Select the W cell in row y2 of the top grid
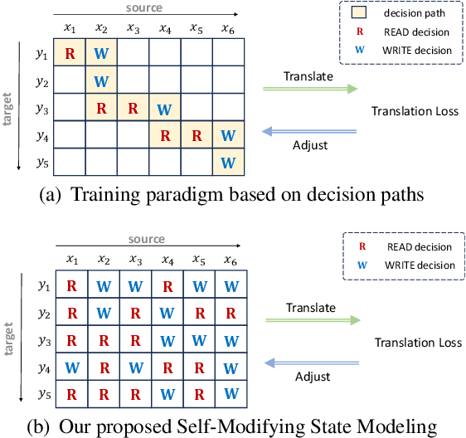coord(101,81)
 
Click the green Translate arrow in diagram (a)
coord(309,88)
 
